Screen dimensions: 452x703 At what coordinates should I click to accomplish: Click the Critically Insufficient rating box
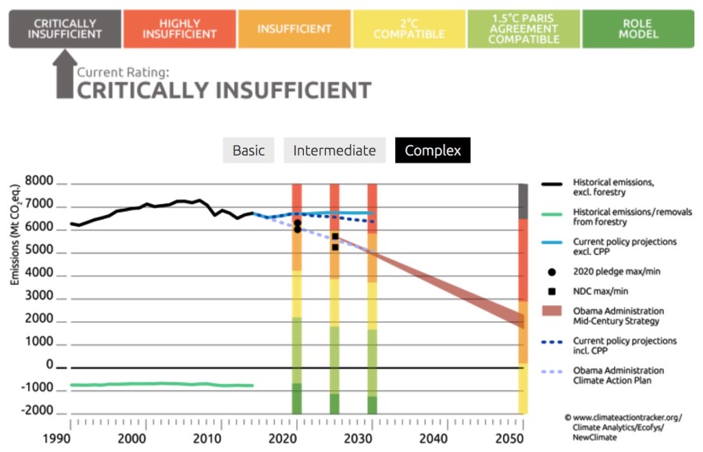[x=65, y=29]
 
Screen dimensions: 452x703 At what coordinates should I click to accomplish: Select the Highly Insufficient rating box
[x=180, y=29]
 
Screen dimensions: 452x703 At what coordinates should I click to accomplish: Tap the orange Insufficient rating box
[x=294, y=29]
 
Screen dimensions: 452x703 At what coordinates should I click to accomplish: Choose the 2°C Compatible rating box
[x=409, y=29]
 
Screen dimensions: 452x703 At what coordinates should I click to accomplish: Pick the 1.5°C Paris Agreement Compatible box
[x=523, y=29]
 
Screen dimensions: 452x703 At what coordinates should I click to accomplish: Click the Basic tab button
[x=248, y=150]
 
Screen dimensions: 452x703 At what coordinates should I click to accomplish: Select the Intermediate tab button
[x=334, y=150]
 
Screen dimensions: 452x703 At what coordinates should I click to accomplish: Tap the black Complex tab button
[x=432, y=150]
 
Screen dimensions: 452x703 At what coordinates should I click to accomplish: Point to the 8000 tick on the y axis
[x=38, y=182]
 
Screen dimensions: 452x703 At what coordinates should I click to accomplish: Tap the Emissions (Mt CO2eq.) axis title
[x=15, y=234]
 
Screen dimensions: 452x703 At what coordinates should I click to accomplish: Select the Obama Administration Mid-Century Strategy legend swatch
[x=552, y=310]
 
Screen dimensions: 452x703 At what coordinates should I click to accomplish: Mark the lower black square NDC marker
[x=335, y=246]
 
